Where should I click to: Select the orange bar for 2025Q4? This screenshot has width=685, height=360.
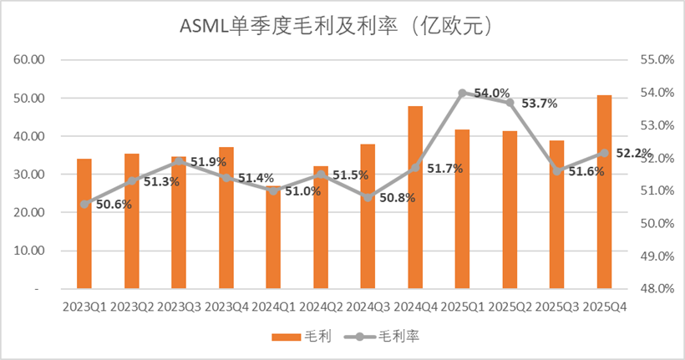coord(605,192)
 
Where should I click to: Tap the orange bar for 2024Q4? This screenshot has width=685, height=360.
coord(415,197)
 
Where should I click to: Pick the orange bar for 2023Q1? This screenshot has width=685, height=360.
coord(84,224)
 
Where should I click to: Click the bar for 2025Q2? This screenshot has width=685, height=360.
coord(510,210)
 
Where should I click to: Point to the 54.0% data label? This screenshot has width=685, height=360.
coord(492,93)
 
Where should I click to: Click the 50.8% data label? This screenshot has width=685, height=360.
coord(397,199)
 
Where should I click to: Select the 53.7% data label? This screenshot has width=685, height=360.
coord(539,104)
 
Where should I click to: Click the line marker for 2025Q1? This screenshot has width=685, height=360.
coord(462,93)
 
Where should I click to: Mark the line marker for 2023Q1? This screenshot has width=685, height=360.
coord(84,204)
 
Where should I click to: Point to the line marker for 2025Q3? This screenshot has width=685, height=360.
coord(557,171)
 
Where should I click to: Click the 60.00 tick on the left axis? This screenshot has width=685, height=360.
coord(29,60)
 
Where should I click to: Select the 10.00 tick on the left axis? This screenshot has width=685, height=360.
coord(29,251)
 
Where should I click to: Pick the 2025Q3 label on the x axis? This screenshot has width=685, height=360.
coord(557,307)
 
